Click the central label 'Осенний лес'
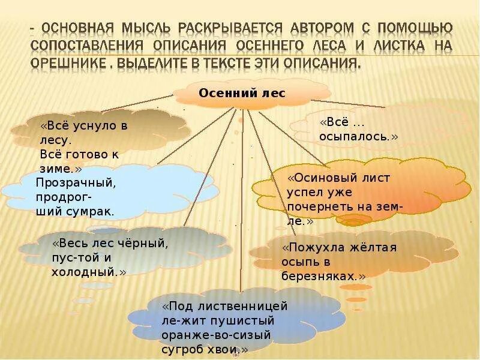(x=242, y=94)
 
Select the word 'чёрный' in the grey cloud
(x=146, y=244)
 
